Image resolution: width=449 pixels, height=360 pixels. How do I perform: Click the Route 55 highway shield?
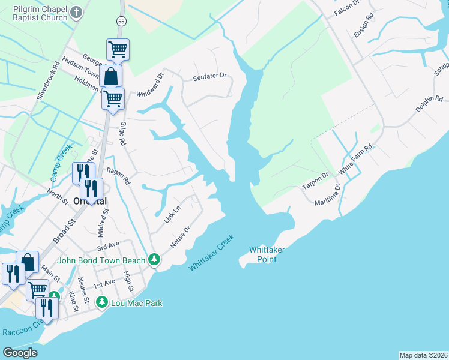click(x=121, y=21)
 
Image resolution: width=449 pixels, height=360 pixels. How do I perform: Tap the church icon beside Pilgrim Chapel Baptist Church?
click(x=76, y=11)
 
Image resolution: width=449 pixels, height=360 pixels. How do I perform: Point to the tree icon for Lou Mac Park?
click(x=102, y=302)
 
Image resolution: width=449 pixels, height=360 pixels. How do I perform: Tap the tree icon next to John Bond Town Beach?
click(x=155, y=259)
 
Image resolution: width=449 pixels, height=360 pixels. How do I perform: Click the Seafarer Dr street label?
click(x=209, y=76)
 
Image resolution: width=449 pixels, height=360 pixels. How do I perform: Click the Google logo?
click(x=20, y=353)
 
